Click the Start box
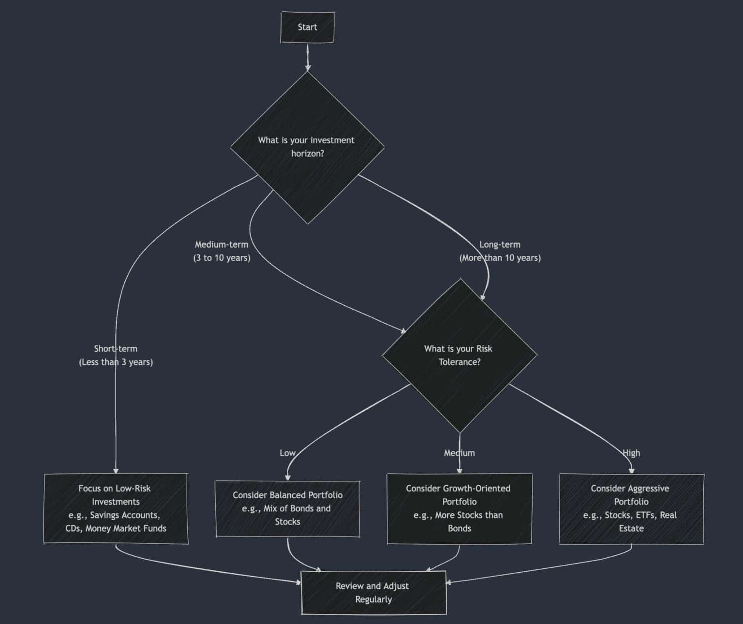point(307,27)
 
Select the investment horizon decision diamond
point(307,147)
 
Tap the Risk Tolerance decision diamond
point(459,355)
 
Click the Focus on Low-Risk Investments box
point(116,508)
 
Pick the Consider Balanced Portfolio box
point(287,508)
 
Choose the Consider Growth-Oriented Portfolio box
point(459,508)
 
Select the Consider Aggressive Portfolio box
point(631,508)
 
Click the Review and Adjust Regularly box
point(373,593)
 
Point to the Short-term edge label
point(116,355)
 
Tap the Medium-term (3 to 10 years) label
point(222,251)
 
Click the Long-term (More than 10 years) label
point(500,251)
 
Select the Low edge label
point(287,453)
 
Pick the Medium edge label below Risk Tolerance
point(459,453)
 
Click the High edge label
point(631,453)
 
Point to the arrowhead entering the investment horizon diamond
point(307,68)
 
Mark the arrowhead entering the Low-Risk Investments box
point(116,470)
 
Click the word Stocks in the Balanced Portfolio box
point(287,522)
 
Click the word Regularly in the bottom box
point(373,599)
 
